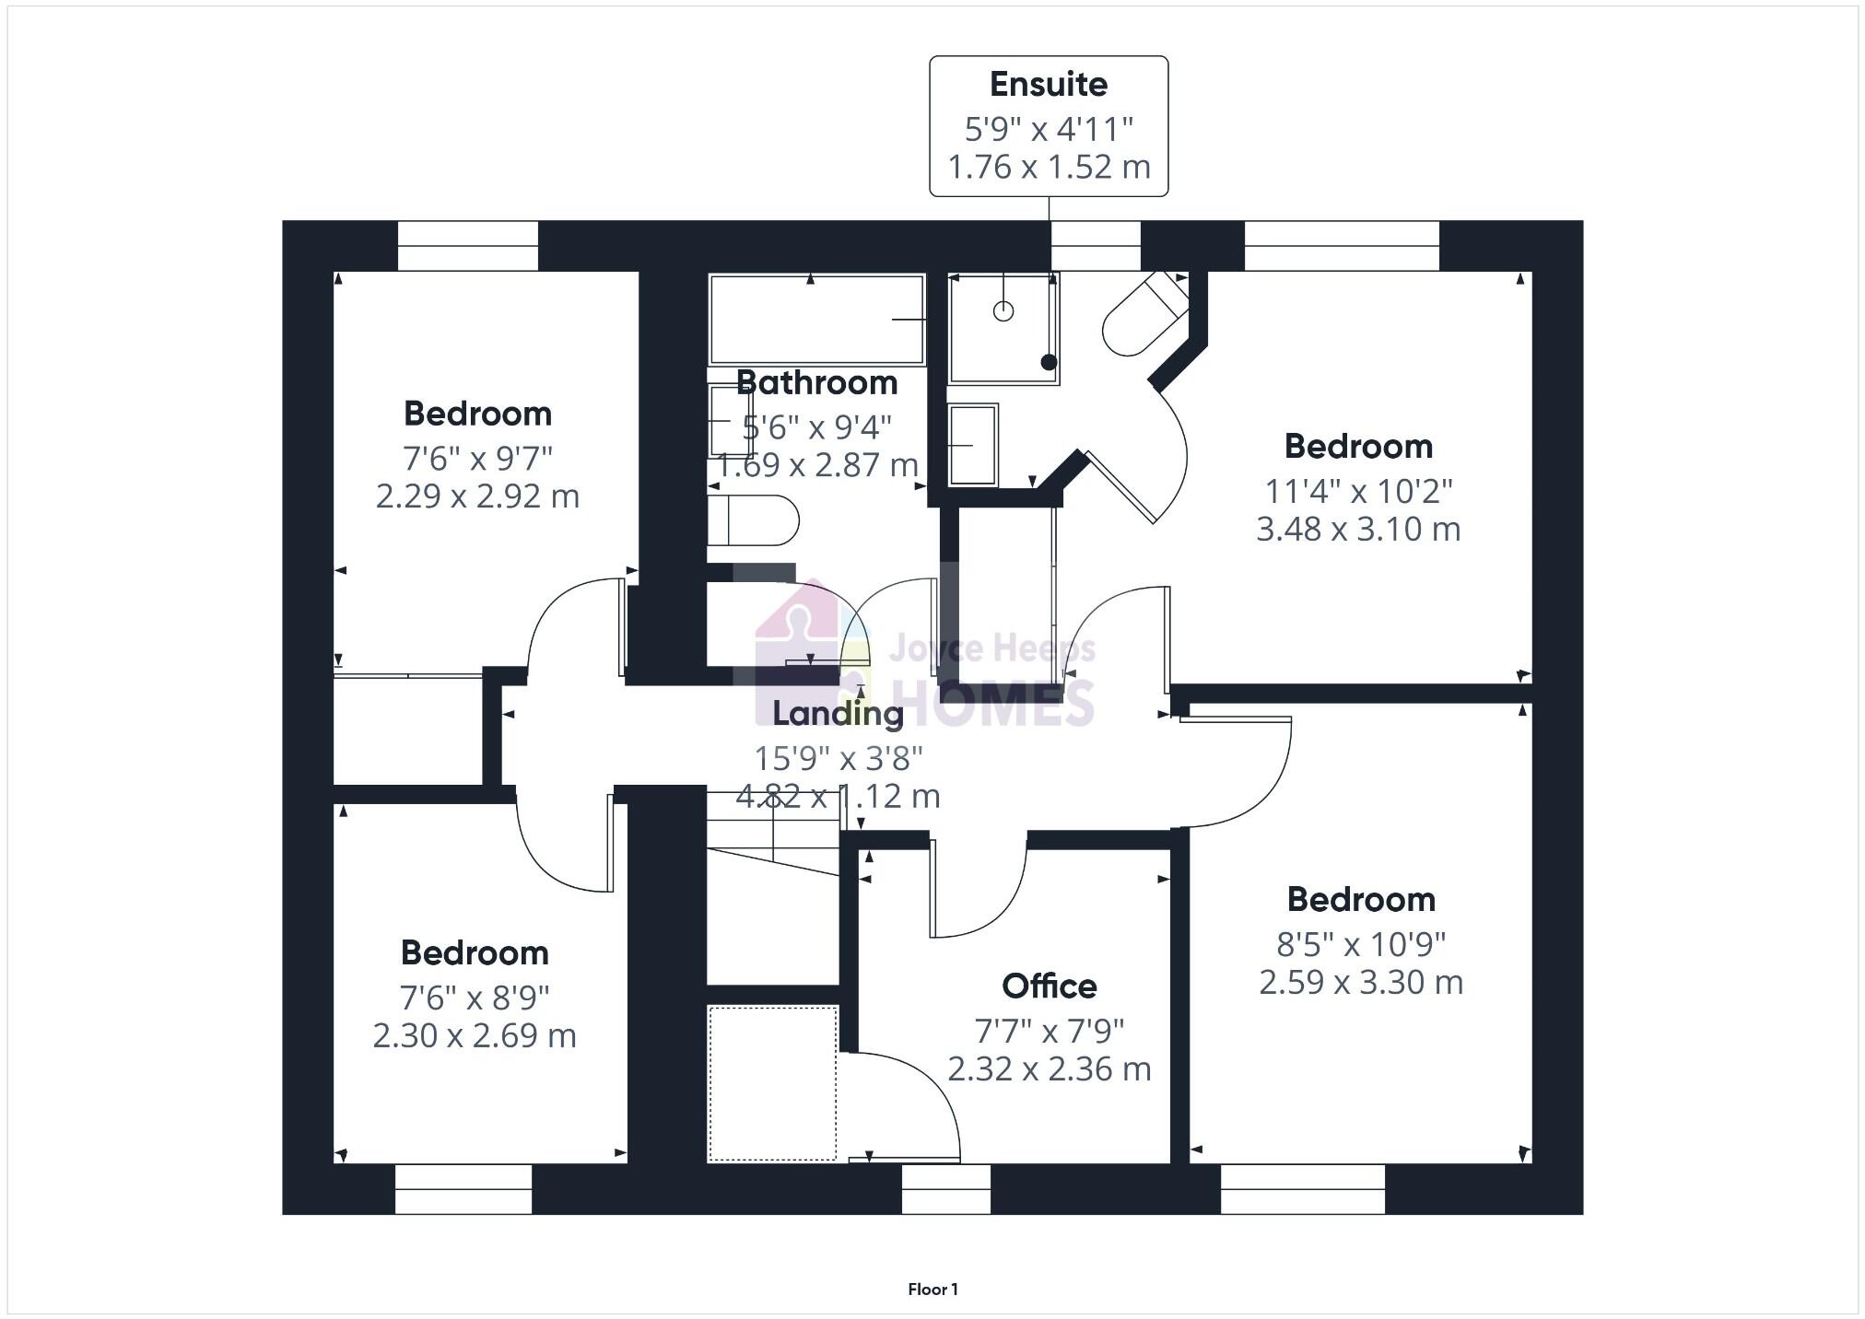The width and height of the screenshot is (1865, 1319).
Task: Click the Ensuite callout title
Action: point(1049,85)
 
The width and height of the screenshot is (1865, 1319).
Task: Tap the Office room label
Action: point(1050,986)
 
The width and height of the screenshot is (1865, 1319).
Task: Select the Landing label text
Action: point(838,713)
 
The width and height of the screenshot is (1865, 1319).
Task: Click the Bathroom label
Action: point(816,382)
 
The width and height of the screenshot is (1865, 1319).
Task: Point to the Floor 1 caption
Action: point(932,1290)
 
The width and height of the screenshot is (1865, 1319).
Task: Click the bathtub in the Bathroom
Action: point(816,319)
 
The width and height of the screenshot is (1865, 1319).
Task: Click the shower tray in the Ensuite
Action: point(1003,328)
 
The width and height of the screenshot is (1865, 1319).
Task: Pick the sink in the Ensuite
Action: point(973,445)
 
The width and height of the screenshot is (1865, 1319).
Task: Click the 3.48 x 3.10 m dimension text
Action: point(1358,530)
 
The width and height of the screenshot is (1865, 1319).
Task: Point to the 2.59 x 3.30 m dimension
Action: point(1361,983)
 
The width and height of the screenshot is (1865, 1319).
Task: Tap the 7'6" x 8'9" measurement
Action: point(475,998)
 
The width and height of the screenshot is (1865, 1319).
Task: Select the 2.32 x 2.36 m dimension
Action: point(1050,1069)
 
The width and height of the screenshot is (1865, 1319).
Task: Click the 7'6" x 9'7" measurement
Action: point(477,458)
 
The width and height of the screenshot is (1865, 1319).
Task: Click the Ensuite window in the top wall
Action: point(1096,246)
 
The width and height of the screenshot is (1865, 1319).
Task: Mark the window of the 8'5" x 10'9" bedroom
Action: point(1302,1189)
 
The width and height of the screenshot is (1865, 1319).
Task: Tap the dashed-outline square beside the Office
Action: point(772,1083)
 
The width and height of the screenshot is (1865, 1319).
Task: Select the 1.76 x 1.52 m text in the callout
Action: point(1049,168)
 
